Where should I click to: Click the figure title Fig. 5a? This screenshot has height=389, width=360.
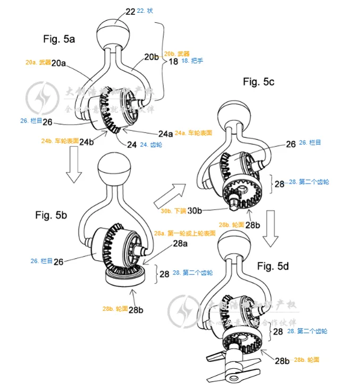click(x=59, y=39)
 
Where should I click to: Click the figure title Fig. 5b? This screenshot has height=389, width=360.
click(x=51, y=216)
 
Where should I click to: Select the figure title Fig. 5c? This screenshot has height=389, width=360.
click(x=259, y=81)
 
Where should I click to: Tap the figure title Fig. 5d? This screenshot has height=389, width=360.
click(x=273, y=266)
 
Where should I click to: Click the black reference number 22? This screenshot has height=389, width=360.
click(x=131, y=11)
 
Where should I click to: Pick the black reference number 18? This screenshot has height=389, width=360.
click(x=173, y=62)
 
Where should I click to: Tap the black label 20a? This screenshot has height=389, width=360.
click(x=59, y=63)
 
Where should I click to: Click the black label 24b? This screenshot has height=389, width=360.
click(x=87, y=142)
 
